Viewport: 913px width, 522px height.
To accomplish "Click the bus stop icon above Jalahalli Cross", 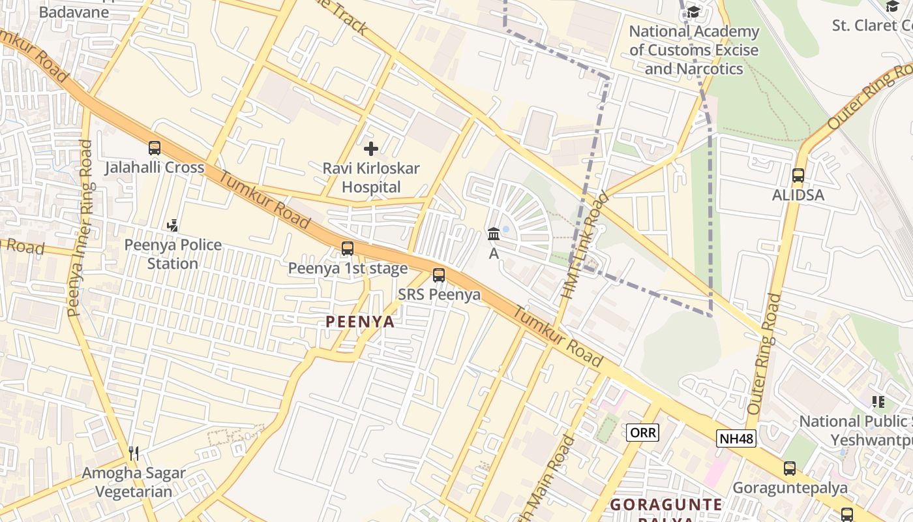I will [x=155, y=148].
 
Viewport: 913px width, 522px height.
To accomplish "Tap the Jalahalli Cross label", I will [x=155, y=168].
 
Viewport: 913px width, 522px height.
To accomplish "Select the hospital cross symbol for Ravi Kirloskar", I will [x=371, y=149].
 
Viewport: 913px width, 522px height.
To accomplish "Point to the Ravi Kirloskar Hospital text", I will [x=371, y=177].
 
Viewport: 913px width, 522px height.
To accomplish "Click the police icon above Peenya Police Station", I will [x=173, y=226].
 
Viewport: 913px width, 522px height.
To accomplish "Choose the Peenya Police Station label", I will [x=173, y=254].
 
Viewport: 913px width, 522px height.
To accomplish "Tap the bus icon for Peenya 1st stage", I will [x=348, y=249].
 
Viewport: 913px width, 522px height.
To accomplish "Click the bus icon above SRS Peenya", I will [x=439, y=275].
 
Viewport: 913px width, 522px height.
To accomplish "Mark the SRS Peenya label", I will [x=440, y=295].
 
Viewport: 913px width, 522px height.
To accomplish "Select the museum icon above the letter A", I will [x=494, y=234].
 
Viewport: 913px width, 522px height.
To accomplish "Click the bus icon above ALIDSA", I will [x=798, y=176].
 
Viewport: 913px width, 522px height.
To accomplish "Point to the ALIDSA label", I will [x=798, y=195].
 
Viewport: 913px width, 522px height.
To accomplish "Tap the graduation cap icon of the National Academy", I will [x=693, y=12].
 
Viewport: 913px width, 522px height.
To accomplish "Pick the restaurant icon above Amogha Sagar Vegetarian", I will [x=134, y=453].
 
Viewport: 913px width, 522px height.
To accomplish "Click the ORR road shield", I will [x=643, y=432].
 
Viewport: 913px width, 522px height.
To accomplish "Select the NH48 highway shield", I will [x=736, y=438].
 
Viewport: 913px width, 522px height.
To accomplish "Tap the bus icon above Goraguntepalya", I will [x=790, y=468].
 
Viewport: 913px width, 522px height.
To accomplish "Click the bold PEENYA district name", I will [x=360, y=322].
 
